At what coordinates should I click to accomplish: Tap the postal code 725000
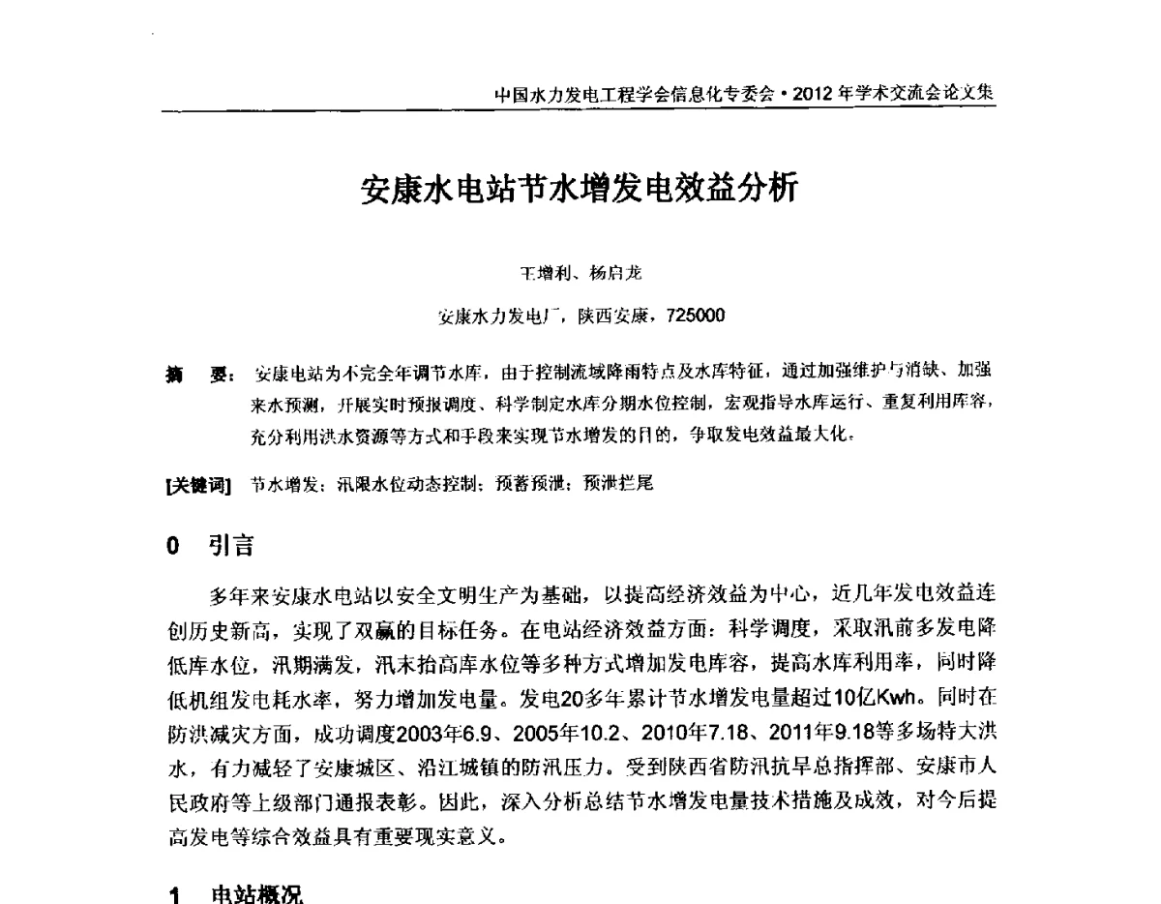pyautogui.click(x=689, y=315)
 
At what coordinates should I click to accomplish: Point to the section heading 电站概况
pyautogui.click(x=257, y=893)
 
